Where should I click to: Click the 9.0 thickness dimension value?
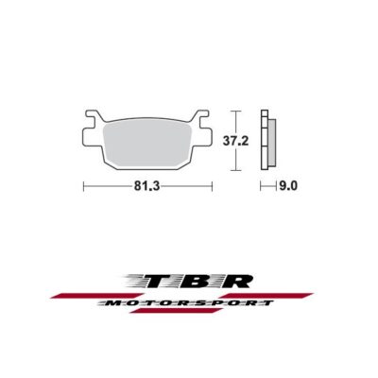click(286, 187)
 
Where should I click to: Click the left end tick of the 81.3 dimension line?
click(84, 187)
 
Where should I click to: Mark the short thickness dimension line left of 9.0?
click(266, 187)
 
